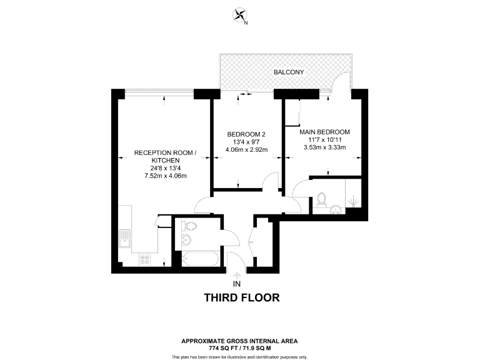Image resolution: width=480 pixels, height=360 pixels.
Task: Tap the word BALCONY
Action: coord(289,72)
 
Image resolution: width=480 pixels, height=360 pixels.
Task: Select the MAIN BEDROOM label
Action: coord(324,132)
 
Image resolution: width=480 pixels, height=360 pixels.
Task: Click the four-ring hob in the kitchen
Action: coord(144,257)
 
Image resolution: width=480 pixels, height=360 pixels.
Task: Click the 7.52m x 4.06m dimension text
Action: coord(166,176)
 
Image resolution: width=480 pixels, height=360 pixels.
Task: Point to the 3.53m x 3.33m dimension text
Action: coord(324,147)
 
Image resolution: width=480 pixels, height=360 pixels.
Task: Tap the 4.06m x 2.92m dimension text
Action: coord(246,150)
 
